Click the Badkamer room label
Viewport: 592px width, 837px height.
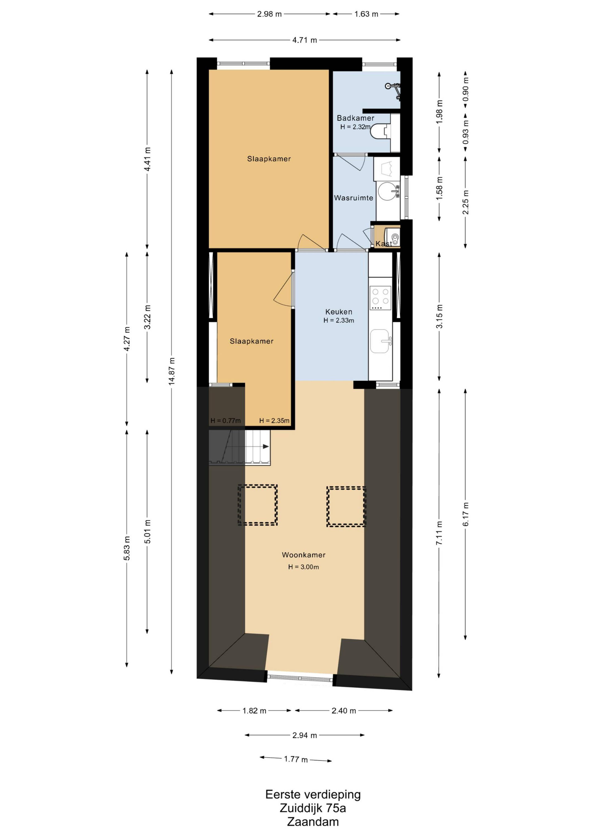coord(355,118)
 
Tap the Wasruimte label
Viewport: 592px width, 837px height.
coord(354,198)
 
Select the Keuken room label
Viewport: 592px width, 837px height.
coord(339,312)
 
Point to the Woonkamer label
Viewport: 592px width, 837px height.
coord(304,555)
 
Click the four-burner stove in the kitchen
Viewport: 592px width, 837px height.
coord(380,298)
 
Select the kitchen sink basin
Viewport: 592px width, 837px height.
coord(379,341)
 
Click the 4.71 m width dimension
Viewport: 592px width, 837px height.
coord(305,40)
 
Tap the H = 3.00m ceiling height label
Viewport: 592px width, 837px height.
coord(304,567)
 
